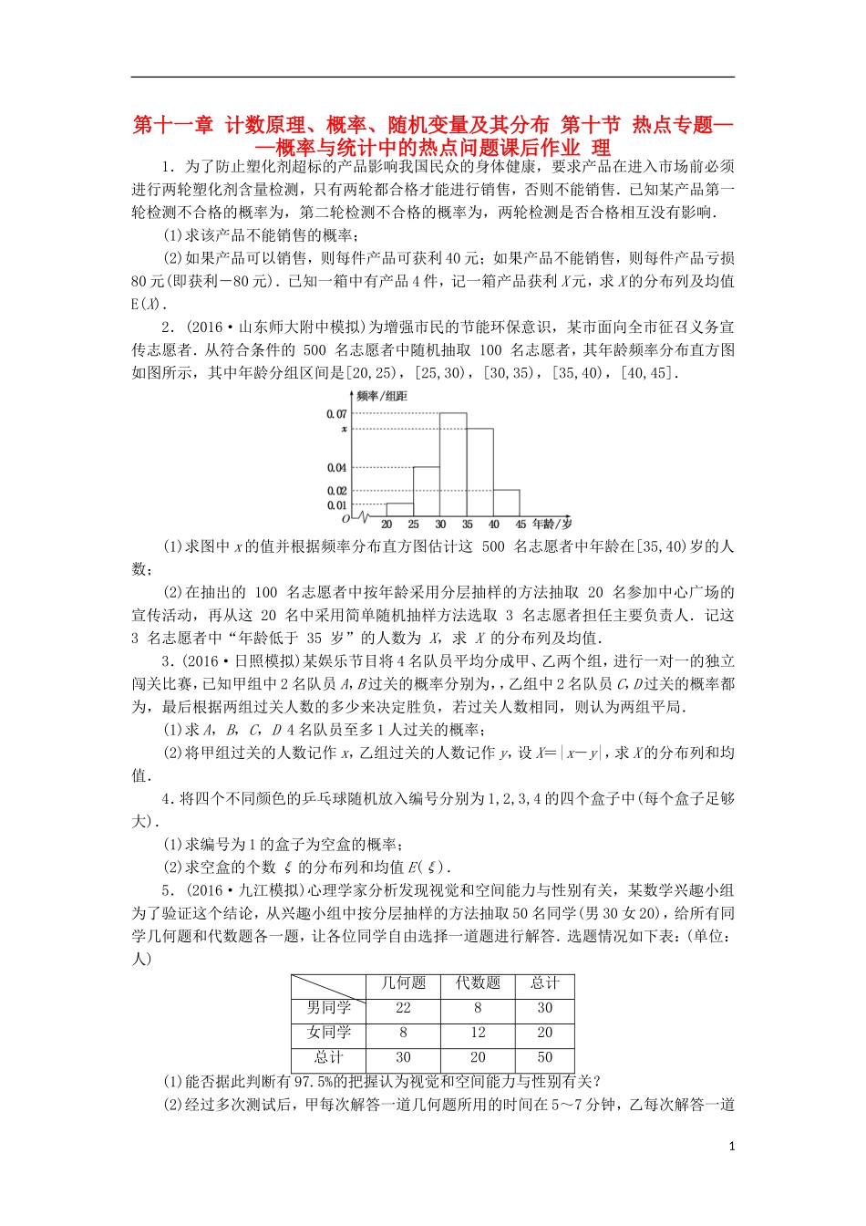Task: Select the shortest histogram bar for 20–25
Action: coord(399,510)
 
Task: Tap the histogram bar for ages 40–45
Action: coord(506,503)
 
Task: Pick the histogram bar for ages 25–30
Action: coord(427,492)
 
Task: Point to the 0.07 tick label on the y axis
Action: coord(336,414)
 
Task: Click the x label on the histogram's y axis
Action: coord(344,429)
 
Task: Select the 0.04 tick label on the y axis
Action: coord(336,468)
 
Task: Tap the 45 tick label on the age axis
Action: coord(521,525)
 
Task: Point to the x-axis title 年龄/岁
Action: coord(552,524)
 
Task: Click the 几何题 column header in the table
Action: coord(403,983)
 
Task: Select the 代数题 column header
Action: coord(478,983)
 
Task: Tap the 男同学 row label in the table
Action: coord(329,1008)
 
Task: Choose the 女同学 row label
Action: coord(329,1033)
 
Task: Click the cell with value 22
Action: coord(403,1008)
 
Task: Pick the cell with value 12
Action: coord(478,1033)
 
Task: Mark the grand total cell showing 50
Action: coord(544,1057)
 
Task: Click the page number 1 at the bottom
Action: coord(731,1147)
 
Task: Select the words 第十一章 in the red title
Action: coord(173,125)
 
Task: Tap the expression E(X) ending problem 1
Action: coord(146,305)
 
